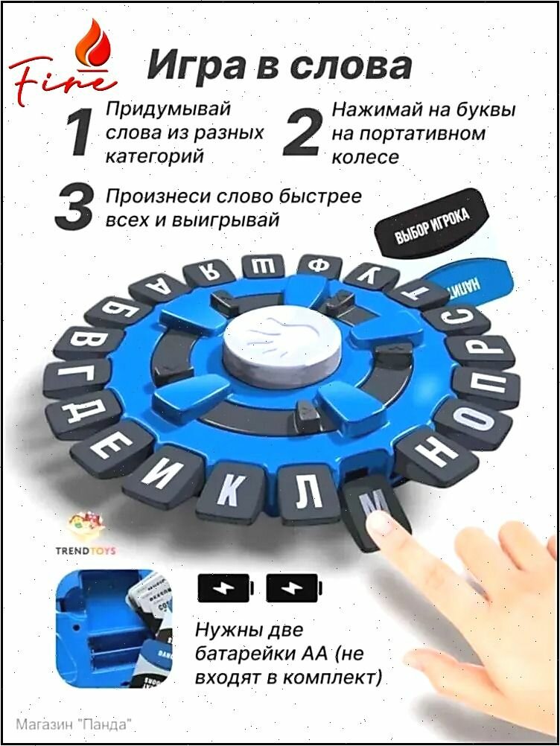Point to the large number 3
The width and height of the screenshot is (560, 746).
tap(74, 209)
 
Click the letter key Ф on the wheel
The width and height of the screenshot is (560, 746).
tap(319, 265)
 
